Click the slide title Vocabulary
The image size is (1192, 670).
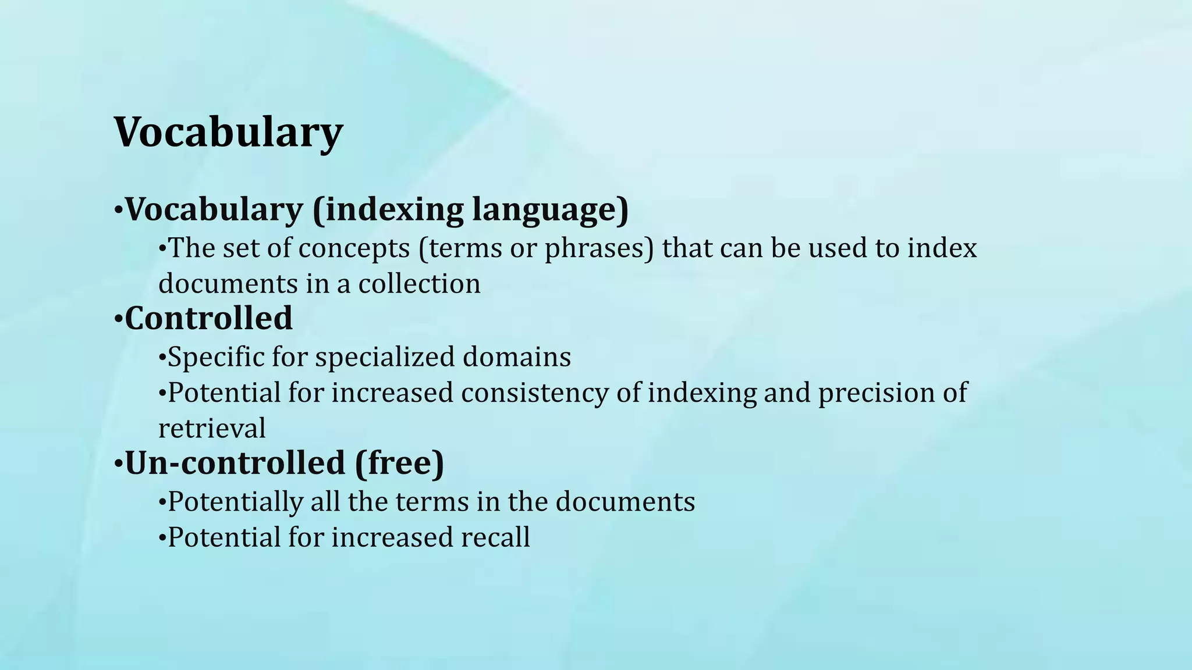coord(228,133)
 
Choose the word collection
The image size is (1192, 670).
coord(419,284)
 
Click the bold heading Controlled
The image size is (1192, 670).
coord(208,319)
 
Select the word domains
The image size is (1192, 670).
coord(516,357)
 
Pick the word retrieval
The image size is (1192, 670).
coord(212,429)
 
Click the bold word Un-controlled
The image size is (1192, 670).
coord(235,464)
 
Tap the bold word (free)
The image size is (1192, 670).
coord(399,464)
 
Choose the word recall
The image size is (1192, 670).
coord(495,537)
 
